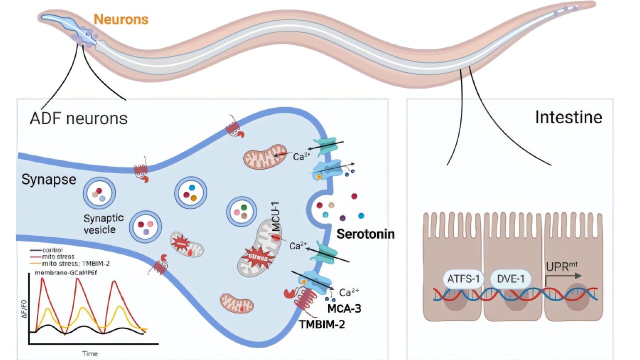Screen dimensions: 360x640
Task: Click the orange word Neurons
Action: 121,19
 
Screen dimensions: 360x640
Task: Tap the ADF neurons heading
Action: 78,118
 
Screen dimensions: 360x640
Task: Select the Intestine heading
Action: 568,117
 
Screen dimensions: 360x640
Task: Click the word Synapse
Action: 48,179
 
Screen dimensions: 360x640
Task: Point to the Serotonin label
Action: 365,233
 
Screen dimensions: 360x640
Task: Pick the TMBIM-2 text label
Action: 323,323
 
